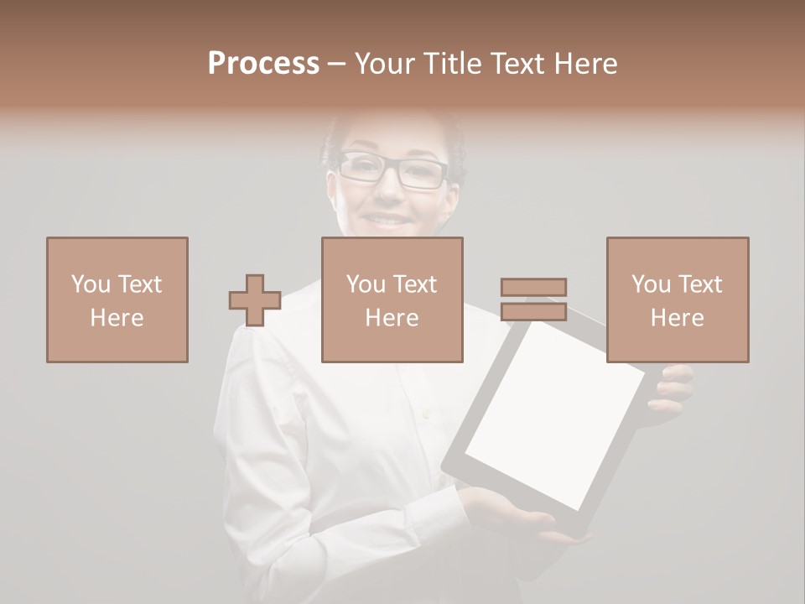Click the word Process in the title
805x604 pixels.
(x=263, y=64)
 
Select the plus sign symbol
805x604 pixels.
(x=255, y=300)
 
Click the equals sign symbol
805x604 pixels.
(x=533, y=299)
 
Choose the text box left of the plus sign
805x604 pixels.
(x=117, y=299)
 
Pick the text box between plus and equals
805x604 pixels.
(x=392, y=299)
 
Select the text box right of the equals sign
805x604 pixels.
(x=678, y=299)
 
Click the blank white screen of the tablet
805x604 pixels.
(x=553, y=411)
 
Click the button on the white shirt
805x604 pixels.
(x=426, y=413)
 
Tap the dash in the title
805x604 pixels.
(x=336, y=65)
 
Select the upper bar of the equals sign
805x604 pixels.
(x=533, y=287)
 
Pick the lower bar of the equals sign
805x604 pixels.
(x=533, y=311)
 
